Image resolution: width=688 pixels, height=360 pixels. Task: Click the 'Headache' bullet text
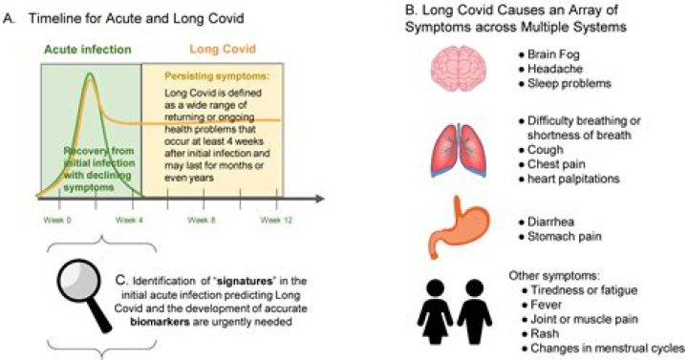547,70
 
